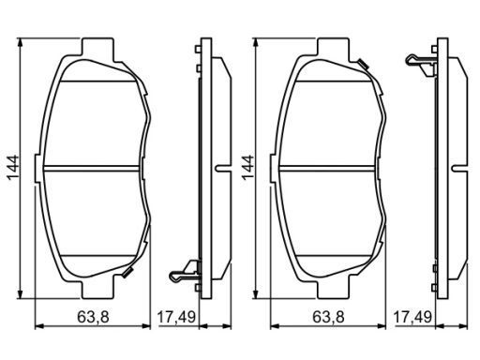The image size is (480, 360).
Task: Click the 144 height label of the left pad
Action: pos(13,167)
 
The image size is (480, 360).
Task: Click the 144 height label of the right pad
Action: pos(248,167)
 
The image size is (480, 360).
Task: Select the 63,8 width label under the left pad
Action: pos(93,317)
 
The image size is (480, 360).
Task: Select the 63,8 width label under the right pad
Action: pos(328,317)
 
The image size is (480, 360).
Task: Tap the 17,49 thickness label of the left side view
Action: pos(176,317)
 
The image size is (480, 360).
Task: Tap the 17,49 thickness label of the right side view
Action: pos(412,317)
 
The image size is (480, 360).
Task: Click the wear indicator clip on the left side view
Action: pos(185,271)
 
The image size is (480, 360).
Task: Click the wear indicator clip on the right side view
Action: pos(421,65)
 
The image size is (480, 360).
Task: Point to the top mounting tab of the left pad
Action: pos(97,47)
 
